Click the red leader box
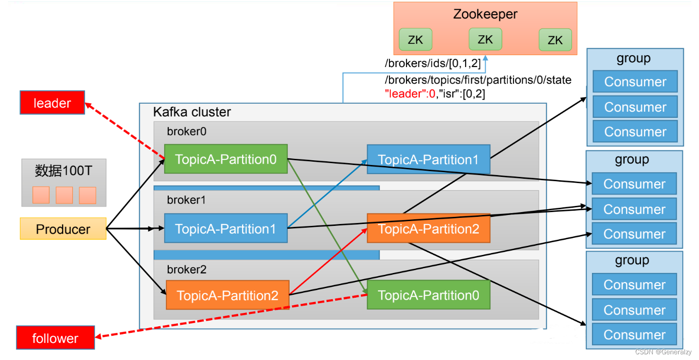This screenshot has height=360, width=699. (x=52, y=103)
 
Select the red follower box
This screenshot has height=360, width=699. (x=55, y=338)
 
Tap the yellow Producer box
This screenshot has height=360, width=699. (x=63, y=229)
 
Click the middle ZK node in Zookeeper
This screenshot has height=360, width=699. (x=485, y=39)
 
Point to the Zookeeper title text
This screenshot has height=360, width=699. (x=485, y=14)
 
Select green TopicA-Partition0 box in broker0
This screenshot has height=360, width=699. (x=226, y=159)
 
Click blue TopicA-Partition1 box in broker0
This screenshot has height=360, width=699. (x=428, y=159)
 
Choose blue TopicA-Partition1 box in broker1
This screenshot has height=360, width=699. (x=226, y=229)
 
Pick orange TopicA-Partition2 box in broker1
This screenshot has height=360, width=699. (x=428, y=229)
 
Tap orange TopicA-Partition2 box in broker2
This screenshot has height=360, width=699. (x=228, y=295)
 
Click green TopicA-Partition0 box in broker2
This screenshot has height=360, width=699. (x=428, y=295)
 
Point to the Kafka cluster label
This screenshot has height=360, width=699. (x=192, y=112)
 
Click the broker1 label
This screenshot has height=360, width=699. (x=186, y=200)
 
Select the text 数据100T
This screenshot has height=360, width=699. (x=64, y=171)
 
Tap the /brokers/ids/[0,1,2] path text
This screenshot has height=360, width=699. (x=431, y=64)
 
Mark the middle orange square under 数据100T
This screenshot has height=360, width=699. (x=64, y=195)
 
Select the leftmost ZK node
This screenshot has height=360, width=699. (x=415, y=39)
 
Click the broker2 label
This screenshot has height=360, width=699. (x=186, y=270)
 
